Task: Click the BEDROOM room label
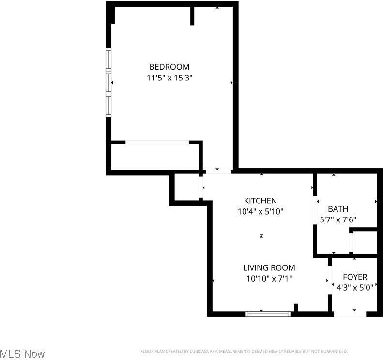tap(169, 67)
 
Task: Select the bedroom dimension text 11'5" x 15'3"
tap(169, 78)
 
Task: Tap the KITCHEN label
tap(260, 201)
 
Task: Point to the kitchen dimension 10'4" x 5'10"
tap(260, 211)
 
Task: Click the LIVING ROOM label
tap(269, 267)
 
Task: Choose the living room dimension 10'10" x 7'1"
tap(269, 278)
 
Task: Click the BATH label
tap(338, 209)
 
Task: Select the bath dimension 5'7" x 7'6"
tap(338, 219)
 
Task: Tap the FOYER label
tap(355, 277)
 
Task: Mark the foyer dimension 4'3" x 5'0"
tap(355, 287)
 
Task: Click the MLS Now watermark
tap(23, 354)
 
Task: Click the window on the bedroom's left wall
tap(109, 83)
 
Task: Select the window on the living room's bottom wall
tap(268, 314)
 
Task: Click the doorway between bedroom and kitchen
tap(217, 171)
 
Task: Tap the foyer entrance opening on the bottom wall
tap(351, 314)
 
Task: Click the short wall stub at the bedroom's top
tap(192, 16)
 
